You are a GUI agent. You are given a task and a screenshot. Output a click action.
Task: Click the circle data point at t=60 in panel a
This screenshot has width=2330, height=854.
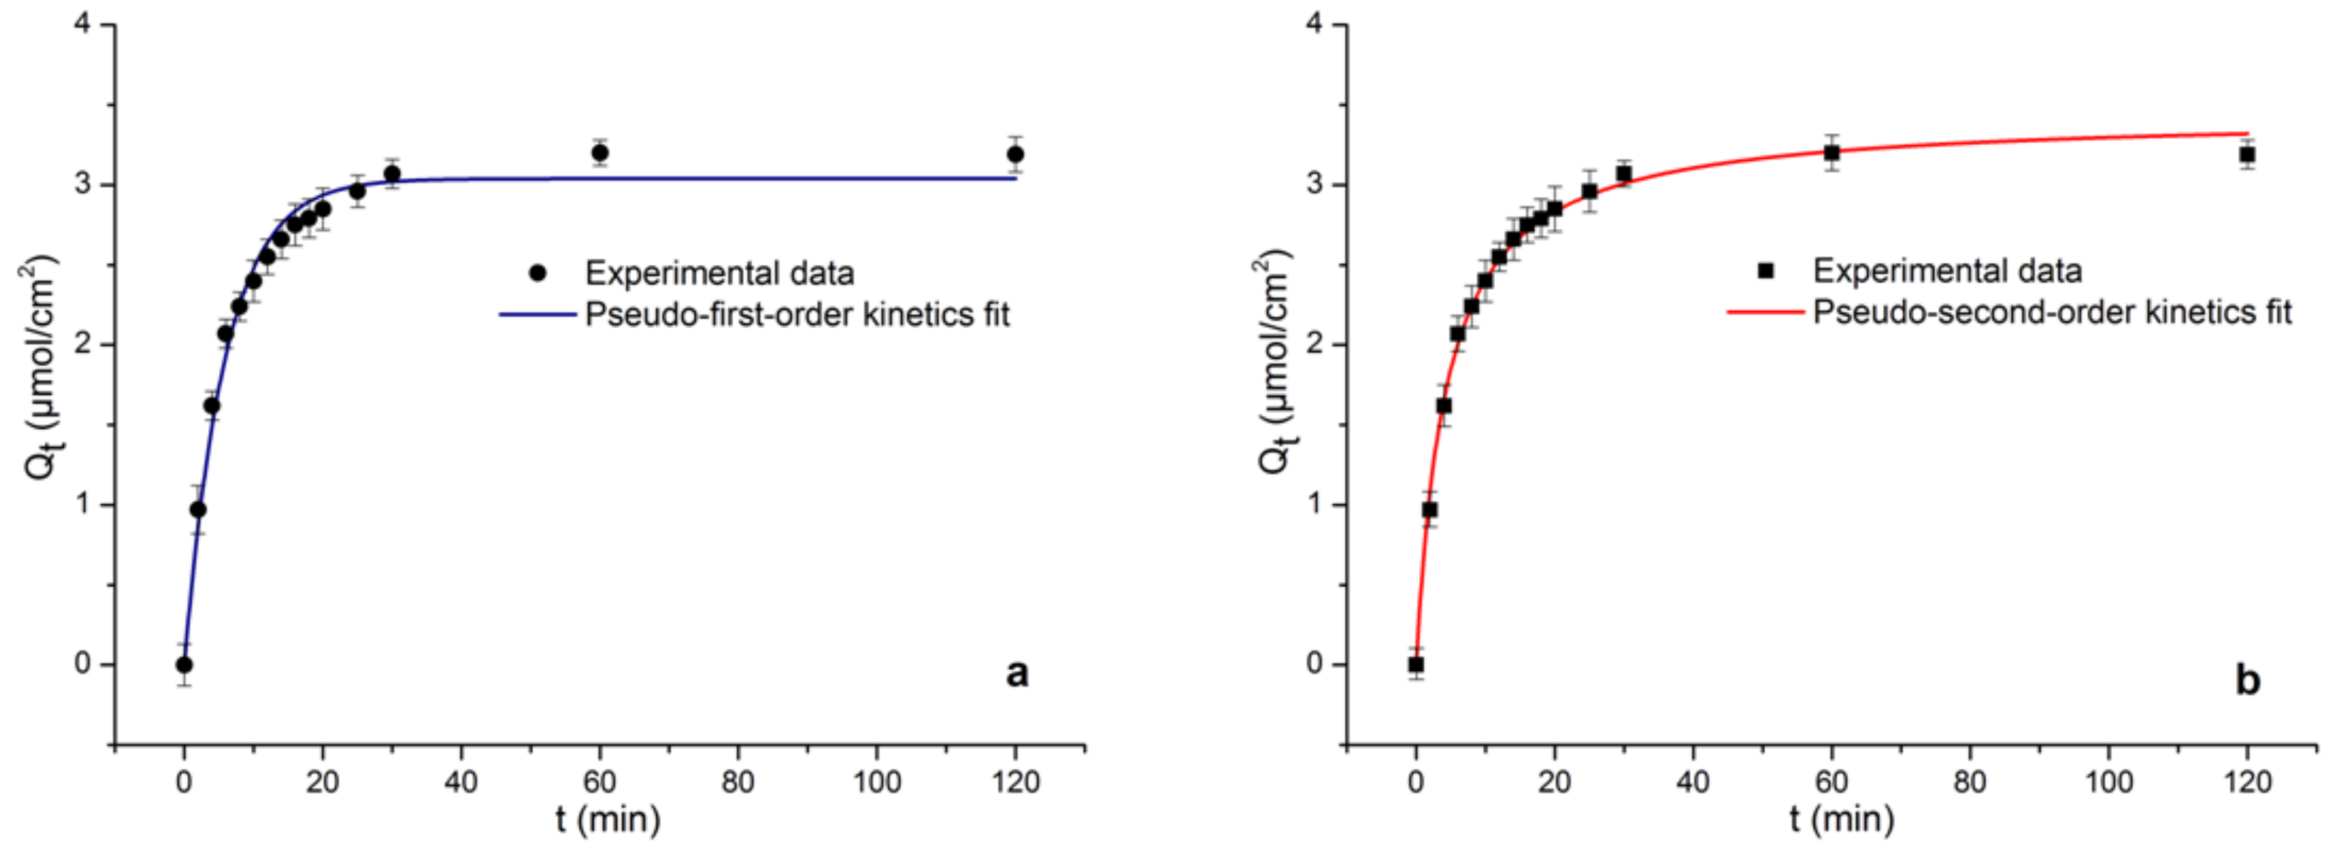click(x=600, y=153)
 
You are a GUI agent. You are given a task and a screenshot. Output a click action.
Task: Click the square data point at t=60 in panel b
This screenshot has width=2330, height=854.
click(x=1831, y=153)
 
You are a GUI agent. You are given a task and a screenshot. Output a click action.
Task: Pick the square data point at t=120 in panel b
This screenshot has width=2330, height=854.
click(x=2246, y=156)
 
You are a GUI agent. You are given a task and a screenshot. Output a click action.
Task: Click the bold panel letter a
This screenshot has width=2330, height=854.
click(x=1017, y=673)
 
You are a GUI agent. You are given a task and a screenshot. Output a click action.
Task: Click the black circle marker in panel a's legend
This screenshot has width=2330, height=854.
click(x=538, y=272)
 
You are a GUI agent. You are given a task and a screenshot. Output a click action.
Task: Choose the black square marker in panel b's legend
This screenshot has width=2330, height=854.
click(x=1765, y=271)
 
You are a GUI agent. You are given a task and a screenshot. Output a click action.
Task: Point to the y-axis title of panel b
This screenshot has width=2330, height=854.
click(x=1275, y=362)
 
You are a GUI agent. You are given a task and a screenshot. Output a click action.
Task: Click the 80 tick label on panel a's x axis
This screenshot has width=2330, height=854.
click(x=738, y=781)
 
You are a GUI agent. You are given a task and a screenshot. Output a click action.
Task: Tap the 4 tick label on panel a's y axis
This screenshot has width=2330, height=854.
click(x=84, y=24)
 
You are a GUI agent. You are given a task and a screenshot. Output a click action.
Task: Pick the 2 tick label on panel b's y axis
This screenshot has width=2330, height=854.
click(x=1315, y=344)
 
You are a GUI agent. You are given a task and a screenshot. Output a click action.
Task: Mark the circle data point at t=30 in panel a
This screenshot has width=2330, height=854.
click(x=392, y=173)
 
